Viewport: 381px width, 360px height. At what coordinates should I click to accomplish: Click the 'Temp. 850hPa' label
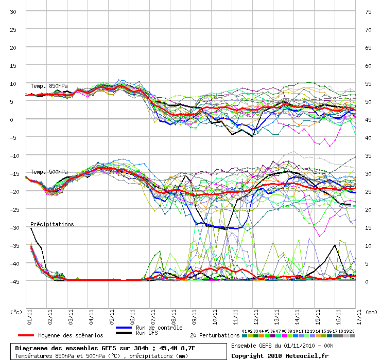pyautogui.click(x=49, y=86)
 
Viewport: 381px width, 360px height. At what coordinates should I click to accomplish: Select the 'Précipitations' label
pyautogui.click(x=52, y=224)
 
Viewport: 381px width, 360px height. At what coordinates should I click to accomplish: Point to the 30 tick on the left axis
pyautogui.click(x=13, y=12)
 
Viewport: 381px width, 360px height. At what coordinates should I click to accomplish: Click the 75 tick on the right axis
pyautogui.click(x=368, y=12)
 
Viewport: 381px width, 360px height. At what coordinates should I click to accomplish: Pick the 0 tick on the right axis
pyautogui.click(x=367, y=281)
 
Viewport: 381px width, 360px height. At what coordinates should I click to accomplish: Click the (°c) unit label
pyautogui.click(x=16, y=312)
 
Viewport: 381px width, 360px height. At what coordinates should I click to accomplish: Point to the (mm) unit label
pyautogui.click(x=371, y=312)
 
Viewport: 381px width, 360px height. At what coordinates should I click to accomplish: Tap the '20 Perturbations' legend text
pyautogui.click(x=215, y=335)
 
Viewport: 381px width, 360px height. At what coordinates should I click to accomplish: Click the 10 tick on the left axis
pyautogui.click(x=13, y=84)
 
